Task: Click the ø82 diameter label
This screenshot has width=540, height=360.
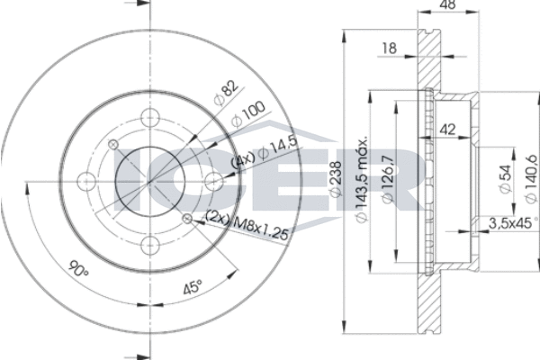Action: point(226,93)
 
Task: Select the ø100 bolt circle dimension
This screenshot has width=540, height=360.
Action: point(248,114)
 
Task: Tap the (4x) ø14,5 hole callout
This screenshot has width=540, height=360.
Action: point(265,152)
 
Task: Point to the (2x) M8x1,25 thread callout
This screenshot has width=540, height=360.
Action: point(247,225)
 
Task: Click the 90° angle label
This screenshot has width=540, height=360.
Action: point(79,269)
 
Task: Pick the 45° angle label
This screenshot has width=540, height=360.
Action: point(193,287)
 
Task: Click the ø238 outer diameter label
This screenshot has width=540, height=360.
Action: point(335,179)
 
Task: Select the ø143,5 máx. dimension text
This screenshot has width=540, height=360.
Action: point(361,179)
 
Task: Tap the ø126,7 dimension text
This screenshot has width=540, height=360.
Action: point(387,179)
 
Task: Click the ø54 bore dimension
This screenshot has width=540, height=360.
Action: point(505,179)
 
